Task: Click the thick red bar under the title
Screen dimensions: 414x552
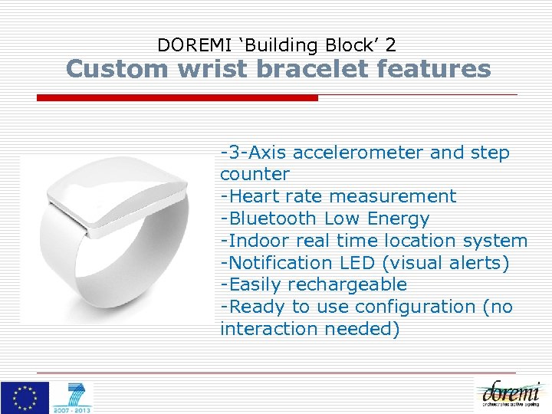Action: (177, 98)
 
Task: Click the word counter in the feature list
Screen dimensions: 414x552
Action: (255, 175)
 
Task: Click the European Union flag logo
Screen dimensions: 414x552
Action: (25, 397)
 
